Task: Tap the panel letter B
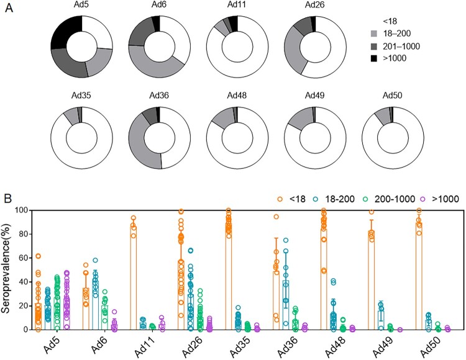[x=8, y=200]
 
